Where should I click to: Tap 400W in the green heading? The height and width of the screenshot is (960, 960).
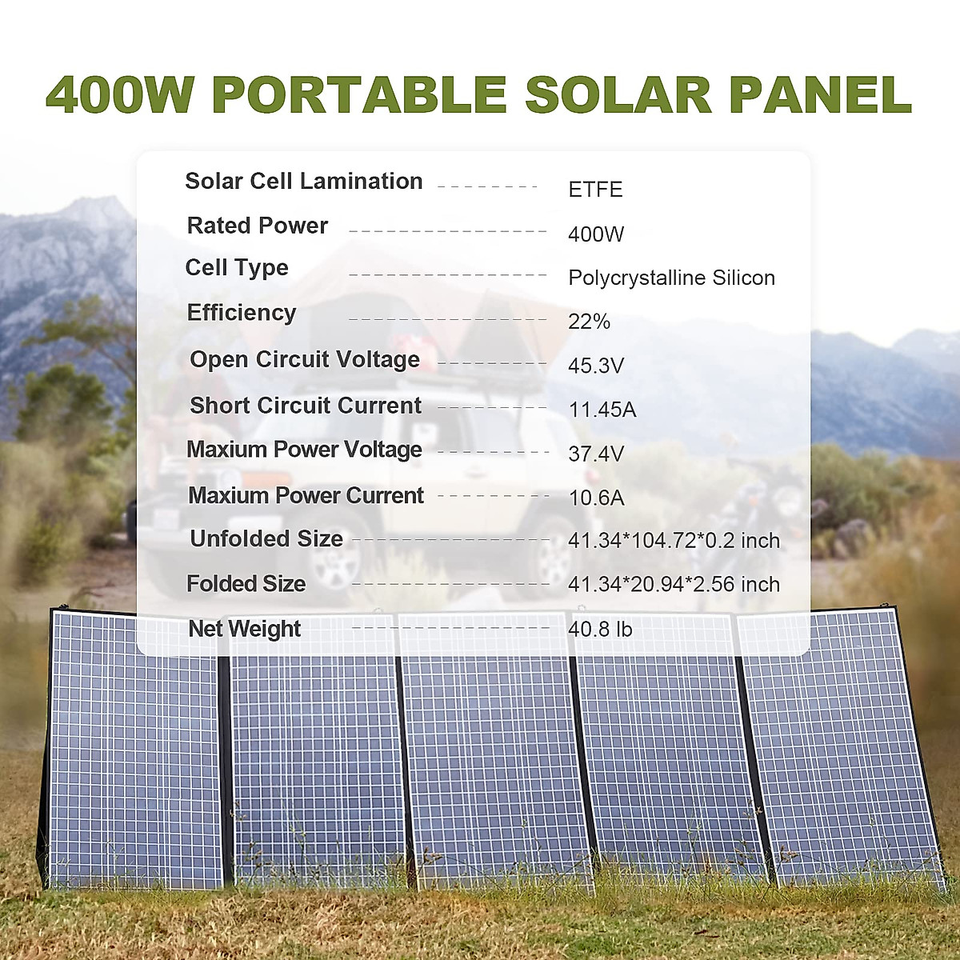point(120,95)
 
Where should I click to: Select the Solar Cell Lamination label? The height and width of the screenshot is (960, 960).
point(304,182)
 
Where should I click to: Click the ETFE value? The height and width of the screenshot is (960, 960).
point(595,190)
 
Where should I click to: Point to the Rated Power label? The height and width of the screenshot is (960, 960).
point(257,226)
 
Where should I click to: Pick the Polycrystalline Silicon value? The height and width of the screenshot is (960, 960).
point(671,278)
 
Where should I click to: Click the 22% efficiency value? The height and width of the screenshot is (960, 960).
point(589,322)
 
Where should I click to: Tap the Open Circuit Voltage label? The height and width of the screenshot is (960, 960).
point(304,360)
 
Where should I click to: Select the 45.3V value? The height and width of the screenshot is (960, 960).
point(596,366)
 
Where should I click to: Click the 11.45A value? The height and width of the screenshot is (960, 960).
point(602,410)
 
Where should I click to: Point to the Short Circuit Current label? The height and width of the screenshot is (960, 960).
point(305,406)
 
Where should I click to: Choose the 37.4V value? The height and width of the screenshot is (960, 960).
point(596,454)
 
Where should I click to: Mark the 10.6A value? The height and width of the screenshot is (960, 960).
point(596,498)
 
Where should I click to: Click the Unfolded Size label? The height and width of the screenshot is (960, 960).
point(266,538)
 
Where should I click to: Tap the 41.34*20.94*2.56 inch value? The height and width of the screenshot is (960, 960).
point(674,584)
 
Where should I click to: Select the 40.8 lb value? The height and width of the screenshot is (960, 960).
point(600,630)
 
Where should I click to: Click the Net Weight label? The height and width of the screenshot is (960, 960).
point(244,629)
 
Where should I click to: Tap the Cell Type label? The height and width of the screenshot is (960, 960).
point(237,267)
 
